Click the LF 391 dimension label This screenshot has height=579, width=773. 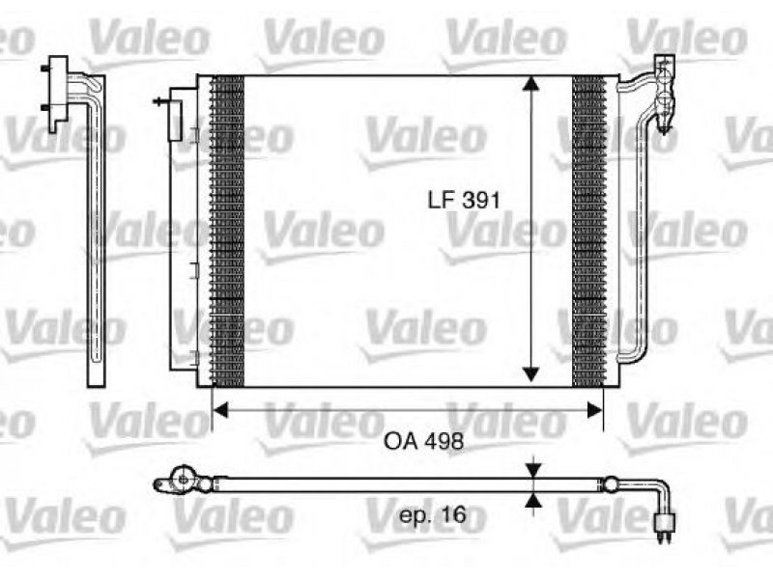click(464, 200)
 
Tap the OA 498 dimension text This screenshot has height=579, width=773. click(423, 441)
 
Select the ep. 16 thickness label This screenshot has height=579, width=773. click(432, 515)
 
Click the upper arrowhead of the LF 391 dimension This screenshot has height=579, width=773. click(530, 84)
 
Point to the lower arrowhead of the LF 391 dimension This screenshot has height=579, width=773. click(530, 374)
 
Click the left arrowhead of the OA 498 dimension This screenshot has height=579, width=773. click(220, 409)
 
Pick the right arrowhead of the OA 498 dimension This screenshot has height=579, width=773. click(595, 409)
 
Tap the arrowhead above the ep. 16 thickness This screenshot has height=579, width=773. click(533, 470)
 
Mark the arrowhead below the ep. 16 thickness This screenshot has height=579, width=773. click(533, 500)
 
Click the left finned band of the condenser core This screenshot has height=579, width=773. click(227, 231)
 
